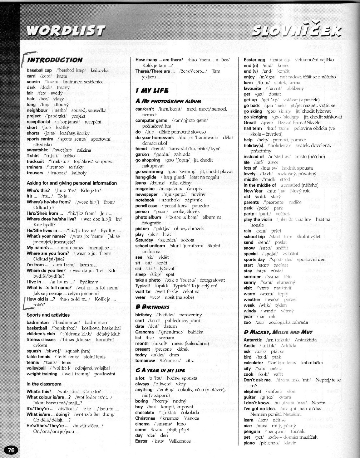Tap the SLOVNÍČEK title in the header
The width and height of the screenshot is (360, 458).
click(296, 31)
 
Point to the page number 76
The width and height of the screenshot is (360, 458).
click(11, 450)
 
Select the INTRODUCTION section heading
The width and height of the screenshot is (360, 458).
click(55, 60)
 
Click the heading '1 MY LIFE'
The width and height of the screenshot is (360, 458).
click(152, 90)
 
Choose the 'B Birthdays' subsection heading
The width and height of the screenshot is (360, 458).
click(152, 307)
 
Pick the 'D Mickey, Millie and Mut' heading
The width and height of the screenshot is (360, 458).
click(278, 332)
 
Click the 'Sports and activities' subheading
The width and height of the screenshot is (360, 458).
click(48, 315)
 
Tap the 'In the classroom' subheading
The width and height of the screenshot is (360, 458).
click(44, 384)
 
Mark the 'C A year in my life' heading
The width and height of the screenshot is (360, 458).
click(160, 370)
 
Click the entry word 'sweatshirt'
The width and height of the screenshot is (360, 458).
click(37, 150)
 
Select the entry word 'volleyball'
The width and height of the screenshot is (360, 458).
click(36, 368)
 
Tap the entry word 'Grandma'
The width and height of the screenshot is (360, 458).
click(144, 332)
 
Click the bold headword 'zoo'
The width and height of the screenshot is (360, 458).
click(247, 322)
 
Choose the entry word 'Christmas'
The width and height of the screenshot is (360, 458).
click(145, 418)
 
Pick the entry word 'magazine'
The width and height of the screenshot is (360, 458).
click(145, 189)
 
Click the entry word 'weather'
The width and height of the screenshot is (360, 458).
click(252, 299)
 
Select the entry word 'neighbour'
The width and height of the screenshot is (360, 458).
click(37, 110)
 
